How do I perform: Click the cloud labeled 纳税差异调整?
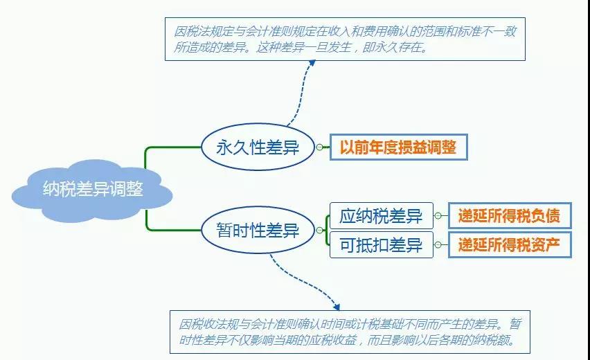(x=92, y=190)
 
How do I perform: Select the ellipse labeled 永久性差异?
(x=258, y=147)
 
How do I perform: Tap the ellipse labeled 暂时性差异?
(x=258, y=230)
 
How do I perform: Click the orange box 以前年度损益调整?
(x=398, y=147)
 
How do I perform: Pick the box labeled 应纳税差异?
(x=381, y=216)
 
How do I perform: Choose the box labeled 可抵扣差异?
(x=381, y=245)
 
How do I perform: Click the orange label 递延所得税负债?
(x=510, y=216)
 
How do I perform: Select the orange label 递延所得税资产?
(x=510, y=245)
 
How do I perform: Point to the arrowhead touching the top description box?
(x=312, y=63)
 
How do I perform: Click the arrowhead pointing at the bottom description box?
(x=336, y=307)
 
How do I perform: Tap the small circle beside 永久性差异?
(x=319, y=147)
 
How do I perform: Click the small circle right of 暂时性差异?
(x=319, y=230)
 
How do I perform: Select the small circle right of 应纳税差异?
(x=438, y=216)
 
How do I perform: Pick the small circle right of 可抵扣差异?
(x=438, y=245)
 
